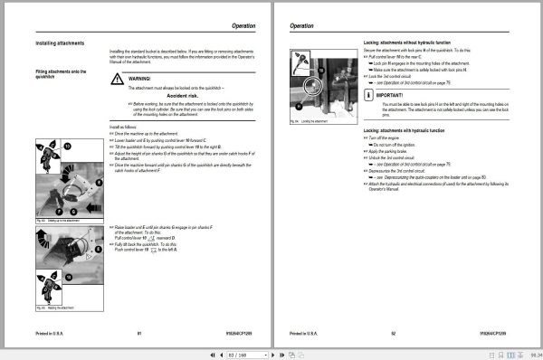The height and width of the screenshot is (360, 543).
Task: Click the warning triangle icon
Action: (x=117, y=80)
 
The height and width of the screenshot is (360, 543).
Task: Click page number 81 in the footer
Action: (x=139, y=334)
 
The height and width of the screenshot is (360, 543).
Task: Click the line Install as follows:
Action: (x=127, y=128)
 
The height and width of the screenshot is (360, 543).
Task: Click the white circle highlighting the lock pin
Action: (x=313, y=89)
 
